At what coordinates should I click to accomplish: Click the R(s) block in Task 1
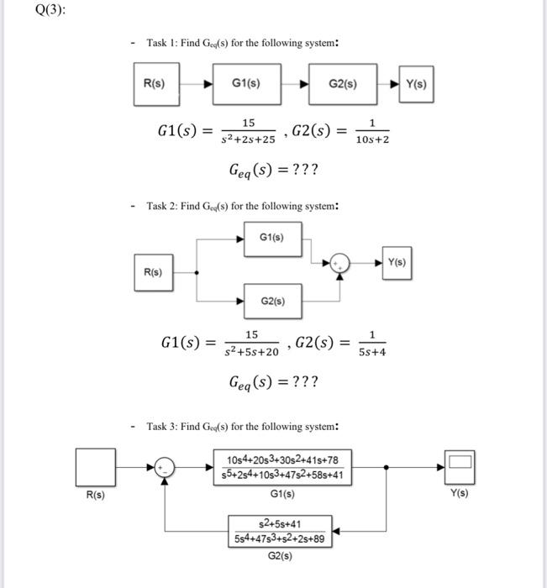coord(155,84)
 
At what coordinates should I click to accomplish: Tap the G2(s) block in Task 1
coord(342,84)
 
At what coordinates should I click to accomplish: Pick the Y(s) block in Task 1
coord(415,84)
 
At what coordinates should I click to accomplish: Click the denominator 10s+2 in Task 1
coord(371,139)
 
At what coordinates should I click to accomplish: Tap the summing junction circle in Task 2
coord(340,264)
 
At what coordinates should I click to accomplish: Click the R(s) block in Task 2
coord(152,272)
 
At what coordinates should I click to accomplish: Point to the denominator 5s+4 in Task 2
coord(371,353)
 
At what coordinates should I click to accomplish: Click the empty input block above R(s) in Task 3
coord(95,466)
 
